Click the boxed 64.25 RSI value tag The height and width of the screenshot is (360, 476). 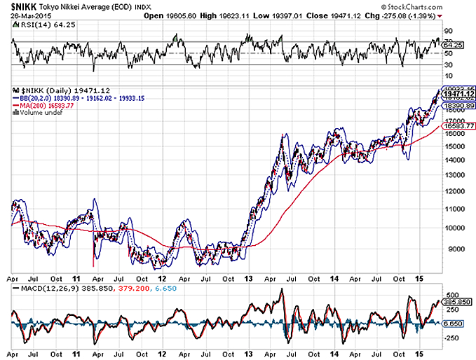(454, 46)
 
